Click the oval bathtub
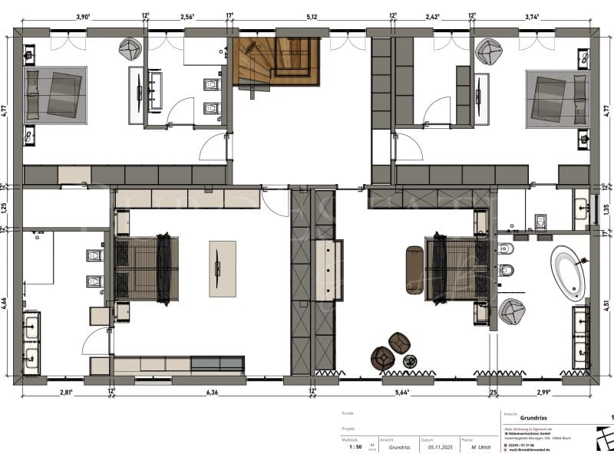pos(569,272)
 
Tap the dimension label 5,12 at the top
pos(312,15)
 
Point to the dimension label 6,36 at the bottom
pos(213,393)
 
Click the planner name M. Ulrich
pos(481,446)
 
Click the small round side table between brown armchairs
pos(409,360)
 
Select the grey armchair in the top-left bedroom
pos(129,48)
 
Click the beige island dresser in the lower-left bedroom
pos(222,268)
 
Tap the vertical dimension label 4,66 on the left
pos(5,302)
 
